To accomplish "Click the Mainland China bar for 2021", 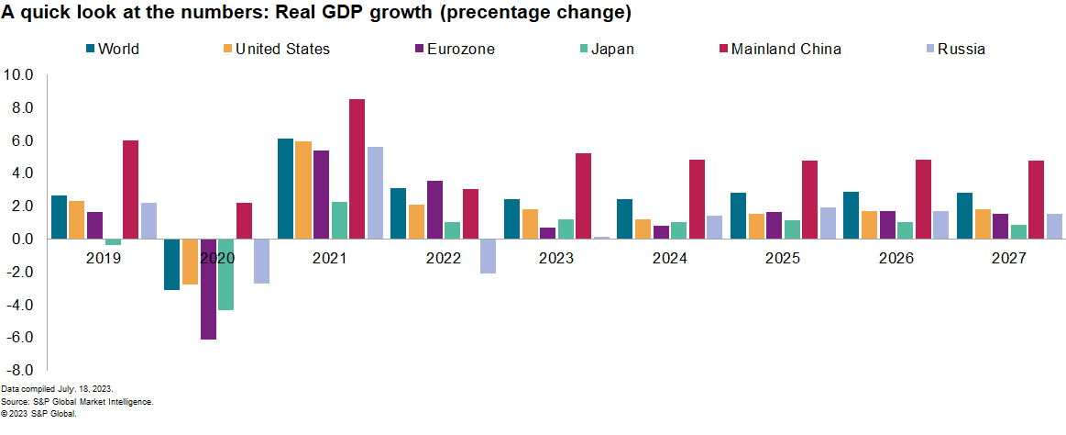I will (357, 169).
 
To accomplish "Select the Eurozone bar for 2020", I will (208, 289).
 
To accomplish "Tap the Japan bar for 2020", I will (226, 274).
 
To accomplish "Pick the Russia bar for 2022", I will (488, 256).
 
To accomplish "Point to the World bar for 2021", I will (285, 189).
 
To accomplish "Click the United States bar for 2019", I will (77, 220).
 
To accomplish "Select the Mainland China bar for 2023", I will (583, 196).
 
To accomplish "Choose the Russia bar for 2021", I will (375, 193).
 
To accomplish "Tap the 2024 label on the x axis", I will (669, 259).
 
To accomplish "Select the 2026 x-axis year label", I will (896, 259).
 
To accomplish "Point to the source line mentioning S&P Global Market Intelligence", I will (77, 401).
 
